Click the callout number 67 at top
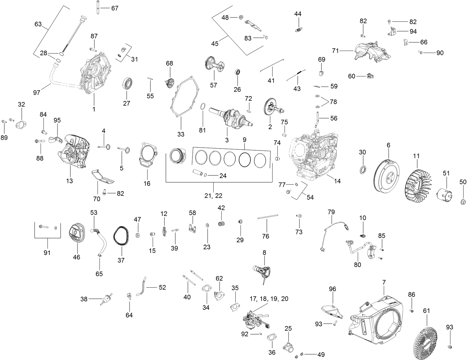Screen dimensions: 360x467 point(115,8)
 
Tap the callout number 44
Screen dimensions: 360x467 point(298,14)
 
